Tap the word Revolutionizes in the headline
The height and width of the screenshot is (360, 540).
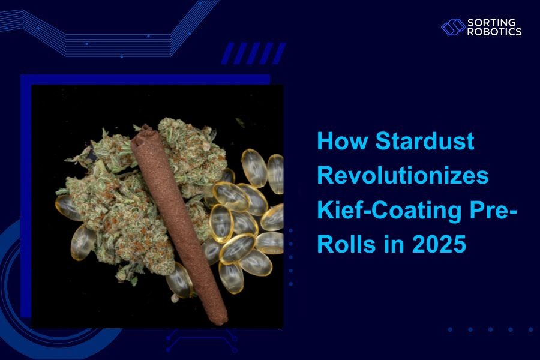403,176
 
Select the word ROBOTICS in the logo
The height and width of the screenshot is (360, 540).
494,31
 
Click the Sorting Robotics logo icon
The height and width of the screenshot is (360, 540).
453,27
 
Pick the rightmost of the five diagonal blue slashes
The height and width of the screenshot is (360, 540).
279,53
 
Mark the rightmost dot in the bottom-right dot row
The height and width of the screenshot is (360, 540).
530,329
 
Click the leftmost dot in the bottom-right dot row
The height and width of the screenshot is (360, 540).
450,329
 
